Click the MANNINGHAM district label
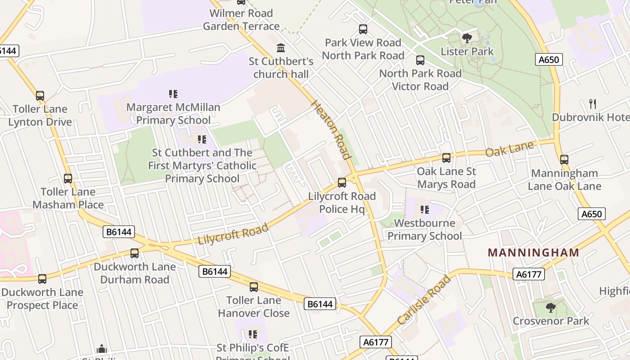pos(534,252)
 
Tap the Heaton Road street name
pos(331,130)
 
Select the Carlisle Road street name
pos(424,300)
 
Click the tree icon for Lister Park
pos(467,38)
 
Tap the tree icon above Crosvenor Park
pos(550,308)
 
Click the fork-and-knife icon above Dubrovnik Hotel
pos(593,104)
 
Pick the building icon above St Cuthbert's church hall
pos(281,48)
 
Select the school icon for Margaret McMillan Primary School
pos(173,94)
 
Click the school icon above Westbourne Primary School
pos(424,210)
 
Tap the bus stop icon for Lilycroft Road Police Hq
pos(342,183)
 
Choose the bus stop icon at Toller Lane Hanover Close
pos(254,287)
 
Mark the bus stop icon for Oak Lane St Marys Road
pos(446,158)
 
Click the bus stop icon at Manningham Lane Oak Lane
pos(564,160)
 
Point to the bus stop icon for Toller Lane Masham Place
pos(68,179)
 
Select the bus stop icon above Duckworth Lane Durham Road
pos(135,253)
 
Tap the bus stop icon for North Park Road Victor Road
pos(420,60)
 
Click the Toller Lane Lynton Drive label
pos(40,116)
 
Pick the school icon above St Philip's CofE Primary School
pos(252,334)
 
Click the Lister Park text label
pos(467,52)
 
